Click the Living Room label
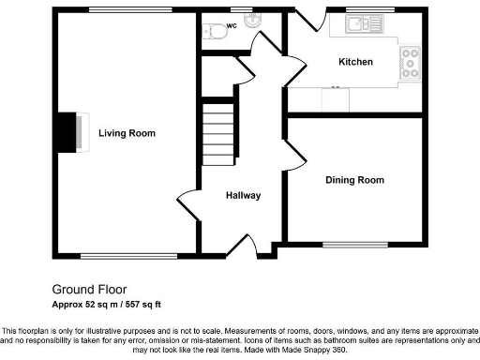coord(127,133)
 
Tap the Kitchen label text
coord(355,62)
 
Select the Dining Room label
coord(354,180)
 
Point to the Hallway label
coord(242,195)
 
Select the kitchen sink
coord(359,26)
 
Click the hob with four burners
coord(410,63)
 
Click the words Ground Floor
coord(89,290)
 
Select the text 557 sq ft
coord(140,305)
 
